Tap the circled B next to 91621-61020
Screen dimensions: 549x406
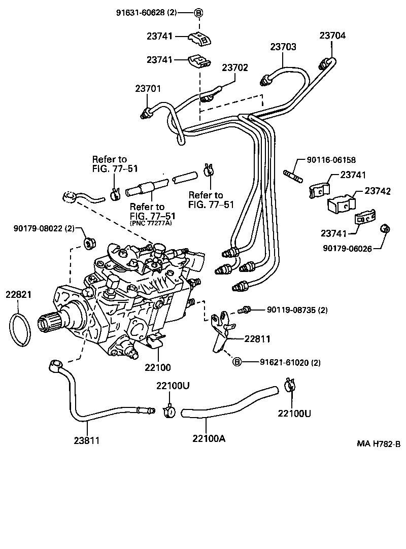(x=236, y=362)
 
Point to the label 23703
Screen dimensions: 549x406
(x=283, y=47)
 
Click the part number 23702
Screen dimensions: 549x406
(x=235, y=67)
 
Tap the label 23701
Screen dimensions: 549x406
(x=148, y=88)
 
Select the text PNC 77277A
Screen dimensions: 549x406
(x=151, y=223)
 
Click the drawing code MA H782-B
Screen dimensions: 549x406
(x=378, y=444)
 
